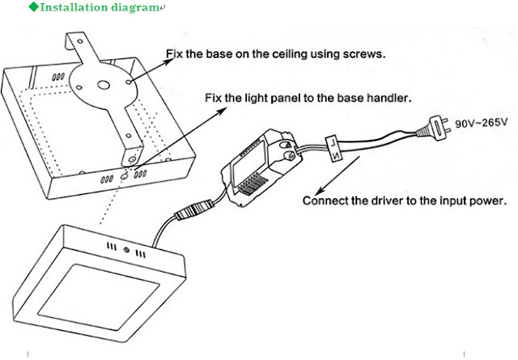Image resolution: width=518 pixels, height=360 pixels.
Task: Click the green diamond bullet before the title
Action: pyautogui.click(x=32, y=7)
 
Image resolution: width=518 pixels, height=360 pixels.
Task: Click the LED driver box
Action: pyautogui.click(x=258, y=170)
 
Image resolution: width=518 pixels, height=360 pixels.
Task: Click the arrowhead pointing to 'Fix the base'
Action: pyautogui.click(x=130, y=80)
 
